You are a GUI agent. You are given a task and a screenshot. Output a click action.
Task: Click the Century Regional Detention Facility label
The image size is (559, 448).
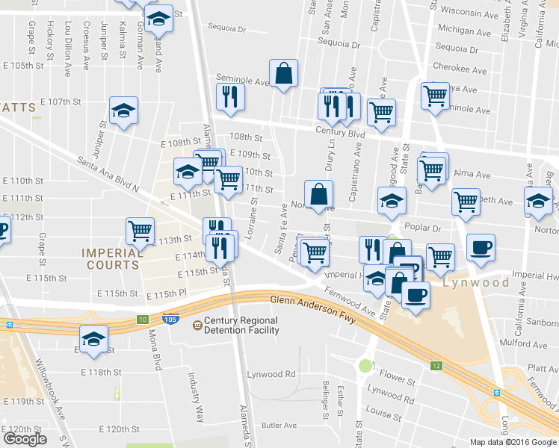(235, 326)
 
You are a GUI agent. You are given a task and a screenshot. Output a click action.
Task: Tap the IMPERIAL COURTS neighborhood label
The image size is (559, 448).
(111, 259)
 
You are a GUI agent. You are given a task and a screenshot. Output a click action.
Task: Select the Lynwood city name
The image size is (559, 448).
(476, 283)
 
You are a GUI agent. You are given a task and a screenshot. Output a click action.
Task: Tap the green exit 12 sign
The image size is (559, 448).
(436, 366)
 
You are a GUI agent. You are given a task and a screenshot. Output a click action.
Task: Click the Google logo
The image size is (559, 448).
(25, 439)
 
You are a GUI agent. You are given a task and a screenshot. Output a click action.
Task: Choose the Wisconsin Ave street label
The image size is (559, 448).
(469, 13)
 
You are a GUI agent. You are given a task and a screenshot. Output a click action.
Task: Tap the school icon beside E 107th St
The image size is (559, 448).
(124, 112)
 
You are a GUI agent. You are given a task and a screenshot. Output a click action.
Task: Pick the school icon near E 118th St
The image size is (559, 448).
(94, 340)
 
